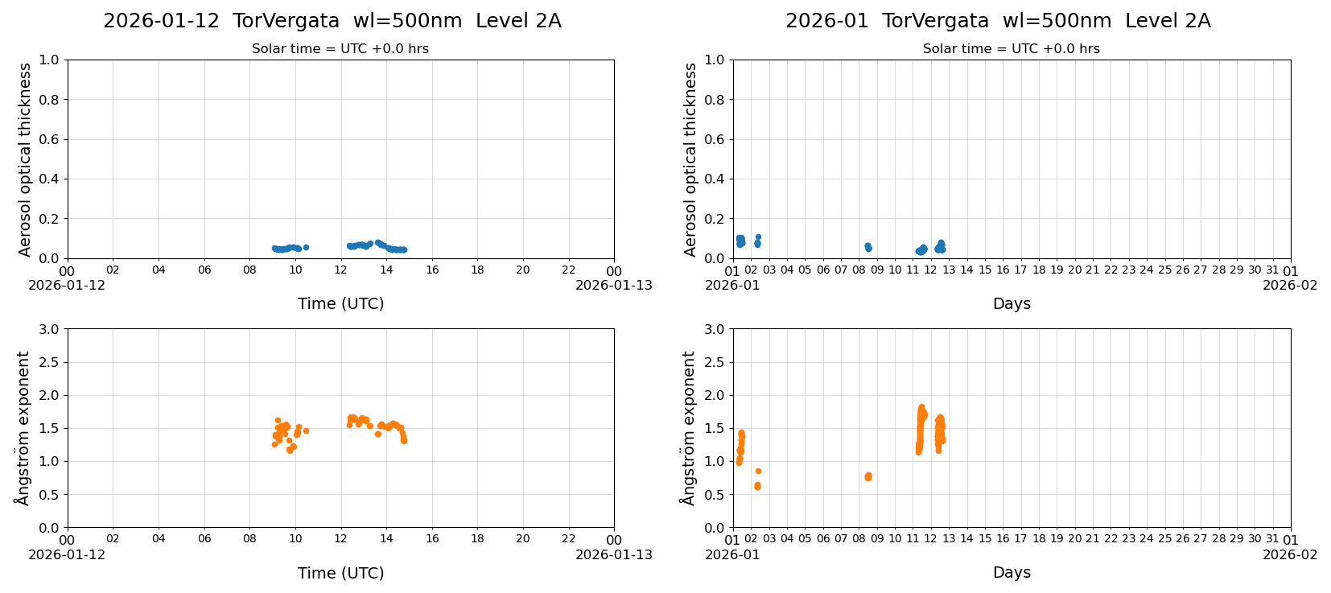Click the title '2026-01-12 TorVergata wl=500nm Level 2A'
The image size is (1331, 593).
[x=332, y=22]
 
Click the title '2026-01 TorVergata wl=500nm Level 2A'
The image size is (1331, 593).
[x=997, y=22]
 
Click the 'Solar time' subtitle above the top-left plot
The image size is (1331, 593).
[x=340, y=49]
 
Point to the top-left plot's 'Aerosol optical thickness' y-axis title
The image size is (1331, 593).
[x=25, y=159]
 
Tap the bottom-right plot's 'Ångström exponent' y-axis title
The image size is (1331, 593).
[x=689, y=428]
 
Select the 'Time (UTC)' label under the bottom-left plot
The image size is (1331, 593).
[x=340, y=573]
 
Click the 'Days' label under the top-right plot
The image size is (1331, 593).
[x=1011, y=304]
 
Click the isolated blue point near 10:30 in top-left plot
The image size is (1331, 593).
[x=306, y=247]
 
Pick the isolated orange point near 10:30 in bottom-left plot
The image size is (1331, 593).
[x=306, y=431]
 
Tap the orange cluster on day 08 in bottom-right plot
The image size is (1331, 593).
[x=867, y=476]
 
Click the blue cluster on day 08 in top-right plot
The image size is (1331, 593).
[x=867, y=247]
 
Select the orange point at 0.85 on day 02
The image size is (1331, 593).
[x=758, y=471]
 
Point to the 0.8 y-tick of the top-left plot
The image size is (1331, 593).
[x=48, y=100]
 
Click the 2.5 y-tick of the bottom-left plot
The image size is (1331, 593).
[x=48, y=362]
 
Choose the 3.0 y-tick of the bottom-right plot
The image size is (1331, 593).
[x=714, y=329]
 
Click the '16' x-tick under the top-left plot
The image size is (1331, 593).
[x=432, y=270]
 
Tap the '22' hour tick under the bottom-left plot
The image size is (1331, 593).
[x=569, y=539]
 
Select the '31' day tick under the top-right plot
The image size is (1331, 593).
[x=1272, y=270]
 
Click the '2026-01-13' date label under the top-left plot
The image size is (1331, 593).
[x=613, y=286]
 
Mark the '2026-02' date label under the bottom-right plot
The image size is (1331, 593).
[x=1290, y=554]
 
